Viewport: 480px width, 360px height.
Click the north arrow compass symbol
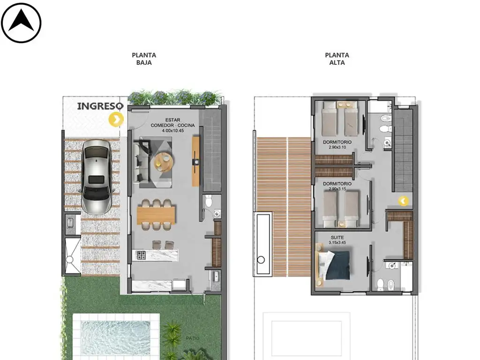click(x=21, y=23)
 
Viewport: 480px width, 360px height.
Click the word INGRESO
click(x=100, y=106)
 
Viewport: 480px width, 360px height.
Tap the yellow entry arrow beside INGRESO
click(x=116, y=120)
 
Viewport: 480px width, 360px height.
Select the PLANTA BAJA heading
click(x=144, y=59)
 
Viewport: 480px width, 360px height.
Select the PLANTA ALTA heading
click(x=337, y=59)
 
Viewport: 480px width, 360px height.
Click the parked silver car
click(x=96, y=177)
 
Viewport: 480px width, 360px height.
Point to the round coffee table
click(x=164, y=161)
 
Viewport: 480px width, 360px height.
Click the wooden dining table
click(x=156, y=214)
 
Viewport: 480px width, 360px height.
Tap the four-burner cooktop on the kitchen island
click(x=141, y=255)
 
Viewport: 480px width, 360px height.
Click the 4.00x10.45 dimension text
click(x=172, y=131)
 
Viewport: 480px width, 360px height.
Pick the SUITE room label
click(x=337, y=238)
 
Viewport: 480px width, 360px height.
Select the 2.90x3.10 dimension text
click(x=337, y=147)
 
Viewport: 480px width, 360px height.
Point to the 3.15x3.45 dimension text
click(x=337, y=242)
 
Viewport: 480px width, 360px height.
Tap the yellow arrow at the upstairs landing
click(x=404, y=201)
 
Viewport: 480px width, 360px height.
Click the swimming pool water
click(x=115, y=338)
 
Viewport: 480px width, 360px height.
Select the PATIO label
click(x=193, y=338)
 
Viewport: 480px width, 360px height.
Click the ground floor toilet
click(x=209, y=201)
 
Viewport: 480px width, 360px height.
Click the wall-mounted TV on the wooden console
click(x=195, y=161)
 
